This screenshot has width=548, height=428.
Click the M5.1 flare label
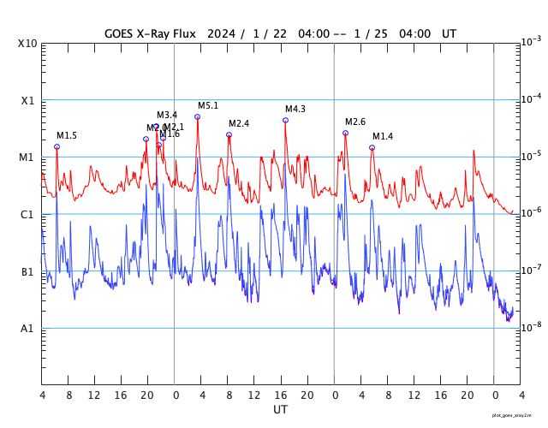click(x=208, y=106)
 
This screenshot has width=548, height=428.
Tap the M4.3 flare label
click(x=295, y=110)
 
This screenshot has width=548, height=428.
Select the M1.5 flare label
click(x=67, y=136)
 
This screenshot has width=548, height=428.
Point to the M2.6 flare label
click(x=355, y=122)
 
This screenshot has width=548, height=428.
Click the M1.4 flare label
click(x=383, y=137)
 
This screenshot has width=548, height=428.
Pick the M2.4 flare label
click(x=239, y=124)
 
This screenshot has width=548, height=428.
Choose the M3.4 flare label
click(x=167, y=116)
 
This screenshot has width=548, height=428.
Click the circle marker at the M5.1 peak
click(x=197, y=116)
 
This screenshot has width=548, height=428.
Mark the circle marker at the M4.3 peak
click(x=285, y=120)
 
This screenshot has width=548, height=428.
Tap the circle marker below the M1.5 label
click(x=57, y=146)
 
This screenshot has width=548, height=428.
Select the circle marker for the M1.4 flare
click(x=372, y=147)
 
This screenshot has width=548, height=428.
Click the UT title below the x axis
click(x=281, y=410)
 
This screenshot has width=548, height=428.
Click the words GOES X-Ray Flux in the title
click(x=150, y=33)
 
